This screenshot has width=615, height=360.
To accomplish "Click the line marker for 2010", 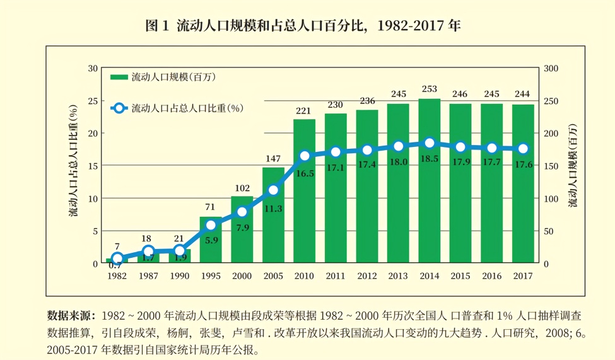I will pos(305,156).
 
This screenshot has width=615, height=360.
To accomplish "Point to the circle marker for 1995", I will pos(211,225).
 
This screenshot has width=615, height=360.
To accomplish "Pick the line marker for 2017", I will pos(523,149).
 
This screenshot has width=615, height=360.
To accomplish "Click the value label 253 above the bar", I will pos(430,89).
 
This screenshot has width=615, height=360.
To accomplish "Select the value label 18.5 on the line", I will pos(430,159).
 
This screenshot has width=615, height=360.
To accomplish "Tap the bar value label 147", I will pos(273,158).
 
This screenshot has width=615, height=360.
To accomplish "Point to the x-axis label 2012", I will pos(367,276).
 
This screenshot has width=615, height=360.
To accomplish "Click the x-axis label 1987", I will pos(148,276).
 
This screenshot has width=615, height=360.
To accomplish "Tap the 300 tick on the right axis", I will pos(551,68).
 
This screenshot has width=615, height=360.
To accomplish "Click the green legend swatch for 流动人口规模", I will pos(119,78).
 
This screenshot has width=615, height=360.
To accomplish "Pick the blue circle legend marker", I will pos(120,108).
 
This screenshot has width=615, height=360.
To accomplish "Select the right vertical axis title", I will pos(572,165).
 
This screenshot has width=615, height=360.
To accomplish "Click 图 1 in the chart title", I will pos(158,26).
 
